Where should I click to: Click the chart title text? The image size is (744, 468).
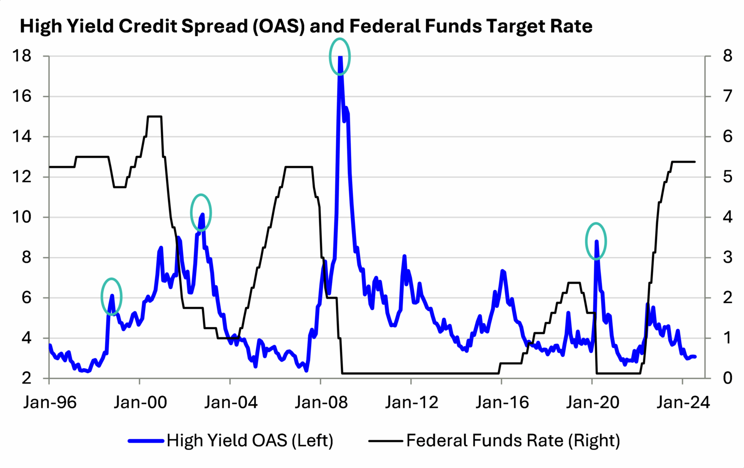click(306, 26)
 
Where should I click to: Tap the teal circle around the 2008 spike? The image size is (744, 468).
click(339, 57)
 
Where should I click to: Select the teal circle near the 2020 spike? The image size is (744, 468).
click(596, 241)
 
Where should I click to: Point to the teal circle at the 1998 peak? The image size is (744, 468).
click(112, 297)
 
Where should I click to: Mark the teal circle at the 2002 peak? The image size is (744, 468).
click(201, 212)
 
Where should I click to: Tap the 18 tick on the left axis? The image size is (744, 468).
click(22, 56)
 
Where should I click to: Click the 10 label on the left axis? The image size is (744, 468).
click(22, 217)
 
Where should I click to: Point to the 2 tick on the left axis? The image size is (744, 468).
click(27, 378)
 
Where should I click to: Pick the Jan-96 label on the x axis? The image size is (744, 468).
click(50, 402)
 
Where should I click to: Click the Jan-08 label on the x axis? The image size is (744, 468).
click(321, 402)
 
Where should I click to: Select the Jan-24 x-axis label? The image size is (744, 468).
click(683, 402)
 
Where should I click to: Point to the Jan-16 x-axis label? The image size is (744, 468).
click(502, 402)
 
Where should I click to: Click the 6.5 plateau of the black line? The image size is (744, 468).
click(154, 116)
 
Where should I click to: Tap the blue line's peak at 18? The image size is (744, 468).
click(340, 58)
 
